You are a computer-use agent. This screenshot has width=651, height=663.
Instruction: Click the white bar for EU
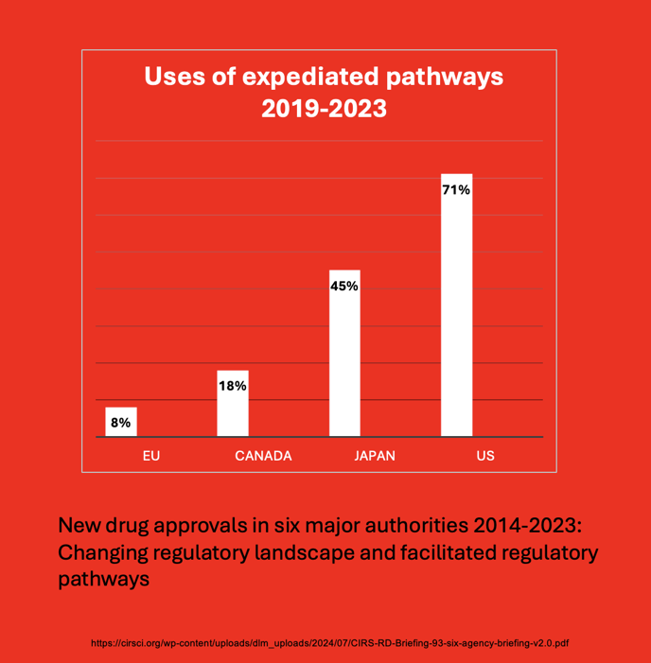[x=121, y=422]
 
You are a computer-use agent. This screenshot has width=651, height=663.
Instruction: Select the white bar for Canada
[x=233, y=404]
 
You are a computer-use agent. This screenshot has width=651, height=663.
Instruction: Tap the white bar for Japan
[x=343, y=354]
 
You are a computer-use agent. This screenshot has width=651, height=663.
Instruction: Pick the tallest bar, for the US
[x=456, y=305]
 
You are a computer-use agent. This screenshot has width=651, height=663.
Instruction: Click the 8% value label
[x=121, y=423]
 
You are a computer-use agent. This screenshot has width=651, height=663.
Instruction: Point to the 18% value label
[x=233, y=386]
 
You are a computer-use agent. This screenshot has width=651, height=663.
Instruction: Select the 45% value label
[x=343, y=286]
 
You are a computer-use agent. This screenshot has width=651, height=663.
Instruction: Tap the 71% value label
[x=456, y=190]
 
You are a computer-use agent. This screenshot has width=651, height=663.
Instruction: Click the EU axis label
[x=150, y=456]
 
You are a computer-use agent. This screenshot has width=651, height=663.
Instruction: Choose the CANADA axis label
[x=263, y=456]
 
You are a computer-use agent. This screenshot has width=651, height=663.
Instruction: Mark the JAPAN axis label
[x=375, y=456]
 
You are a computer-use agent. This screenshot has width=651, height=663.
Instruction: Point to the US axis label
[x=485, y=456]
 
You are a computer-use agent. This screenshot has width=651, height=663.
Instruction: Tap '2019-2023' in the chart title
[x=324, y=109]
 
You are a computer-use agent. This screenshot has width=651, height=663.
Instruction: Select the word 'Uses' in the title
[x=172, y=77]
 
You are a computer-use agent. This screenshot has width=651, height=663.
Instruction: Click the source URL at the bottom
[x=329, y=643]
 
